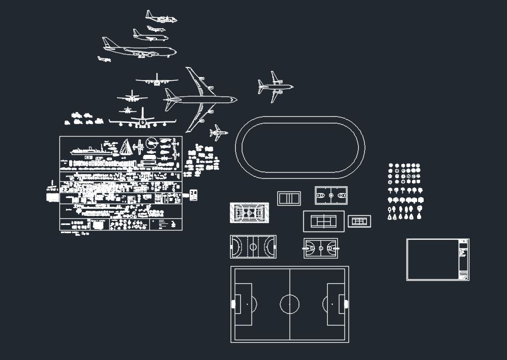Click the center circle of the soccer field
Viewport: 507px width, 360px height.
tap(290, 304)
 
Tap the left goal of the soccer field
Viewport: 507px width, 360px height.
tap(233, 304)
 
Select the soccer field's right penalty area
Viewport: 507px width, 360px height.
tap(336, 304)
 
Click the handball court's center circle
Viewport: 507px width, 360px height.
tap(253, 247)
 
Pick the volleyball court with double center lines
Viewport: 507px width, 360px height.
tap(289, 198)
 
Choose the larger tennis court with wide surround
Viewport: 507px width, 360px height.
tap(324, 221)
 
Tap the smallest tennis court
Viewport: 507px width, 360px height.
tap(359, 221)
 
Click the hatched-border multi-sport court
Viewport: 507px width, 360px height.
tap(249, 213)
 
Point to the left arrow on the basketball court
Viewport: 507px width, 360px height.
tap(308, 248)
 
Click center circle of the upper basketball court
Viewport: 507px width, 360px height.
tap(331, 195)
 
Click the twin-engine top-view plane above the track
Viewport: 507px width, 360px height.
tap(275, 87)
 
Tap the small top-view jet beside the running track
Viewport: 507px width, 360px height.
tap(218, 133)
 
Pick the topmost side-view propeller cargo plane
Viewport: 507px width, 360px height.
tap(161, 18)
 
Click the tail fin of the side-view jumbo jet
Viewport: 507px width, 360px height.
tap(107, 42)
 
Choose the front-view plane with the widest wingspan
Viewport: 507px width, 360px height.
tap(142, 121)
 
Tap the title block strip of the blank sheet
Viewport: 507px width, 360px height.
tap(463, 259)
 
